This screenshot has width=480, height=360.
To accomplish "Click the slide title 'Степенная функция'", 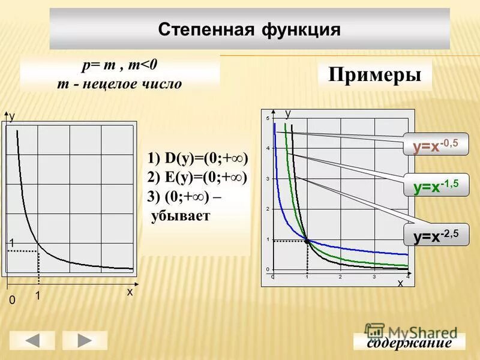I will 249,29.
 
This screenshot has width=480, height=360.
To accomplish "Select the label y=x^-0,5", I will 436,145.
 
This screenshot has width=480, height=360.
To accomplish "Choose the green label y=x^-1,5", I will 436,186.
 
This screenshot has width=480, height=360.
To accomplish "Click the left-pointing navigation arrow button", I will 32,340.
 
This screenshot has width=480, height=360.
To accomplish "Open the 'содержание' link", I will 409,343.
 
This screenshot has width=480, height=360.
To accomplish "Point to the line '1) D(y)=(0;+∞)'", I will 197,158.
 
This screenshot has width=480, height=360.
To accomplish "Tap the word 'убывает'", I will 181,216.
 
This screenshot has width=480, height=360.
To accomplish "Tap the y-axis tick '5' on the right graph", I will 268,119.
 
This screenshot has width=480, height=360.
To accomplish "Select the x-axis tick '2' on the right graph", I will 340,277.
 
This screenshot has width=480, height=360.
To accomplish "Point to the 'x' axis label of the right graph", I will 400,283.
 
